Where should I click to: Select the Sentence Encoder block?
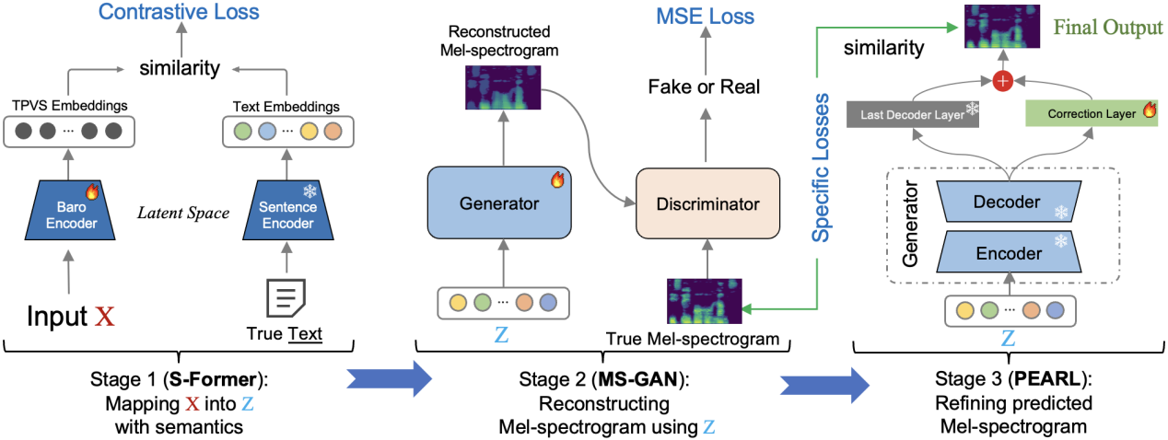[x=288, y=214]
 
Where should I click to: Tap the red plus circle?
[x=1003, y=82]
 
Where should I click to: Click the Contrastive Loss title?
[x=179, y=12]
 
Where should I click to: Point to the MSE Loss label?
[x=705, y=16]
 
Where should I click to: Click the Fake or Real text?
[x=704, y=87]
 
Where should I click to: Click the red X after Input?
[x=105, y=316]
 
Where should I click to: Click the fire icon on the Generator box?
[x=556, y=180]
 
